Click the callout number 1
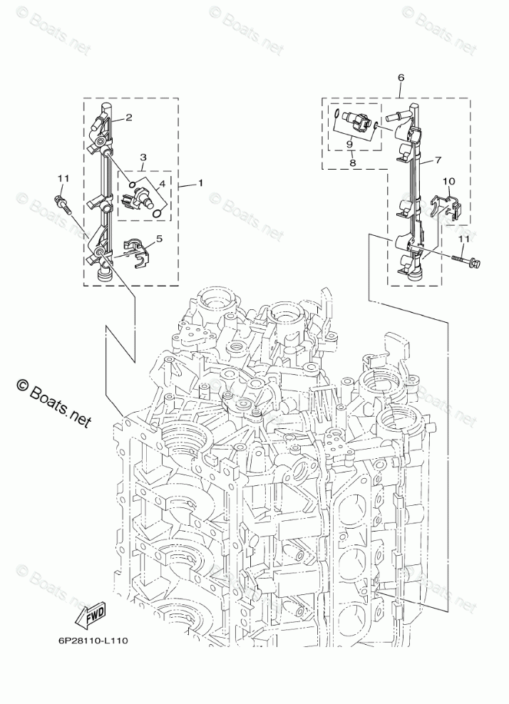tap(200, 183)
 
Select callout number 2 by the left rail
tap(129, 118)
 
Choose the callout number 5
tap(159, 240)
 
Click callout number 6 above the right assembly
tap(401, 77)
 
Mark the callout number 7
tap(438, 160)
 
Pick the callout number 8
tap(353, 163)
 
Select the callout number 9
tap(349, 145)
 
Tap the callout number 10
tap(448, 182)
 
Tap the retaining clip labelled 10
tap(447, 208)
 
